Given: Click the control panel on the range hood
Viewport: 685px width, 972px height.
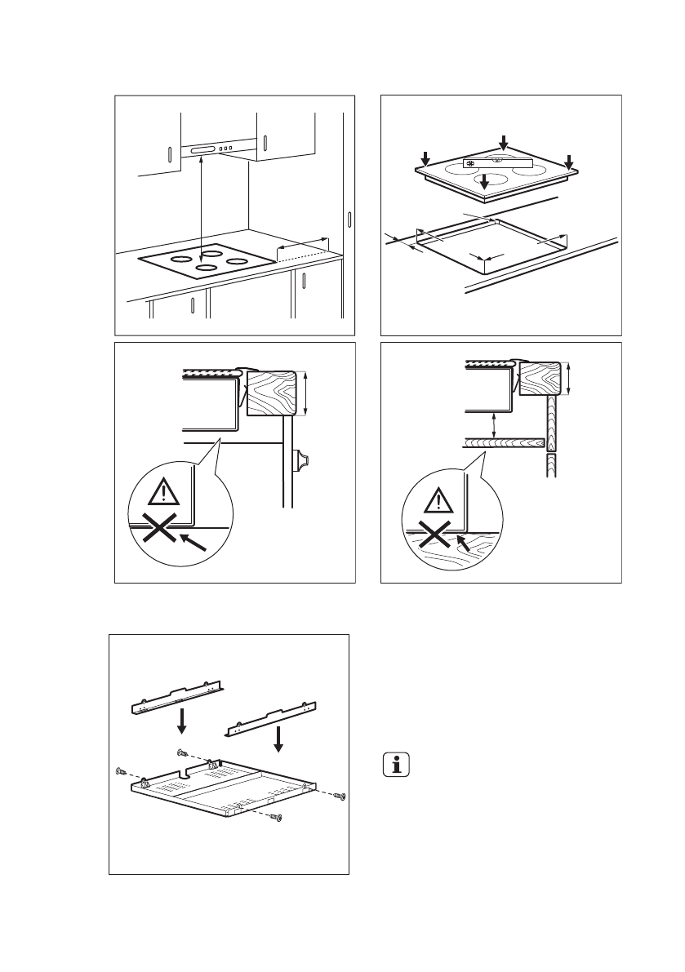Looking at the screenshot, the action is click(216, 149).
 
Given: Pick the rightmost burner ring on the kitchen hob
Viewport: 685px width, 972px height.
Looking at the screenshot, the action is click(238, 261).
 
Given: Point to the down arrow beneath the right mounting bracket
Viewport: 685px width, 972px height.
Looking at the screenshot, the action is click(279, 738).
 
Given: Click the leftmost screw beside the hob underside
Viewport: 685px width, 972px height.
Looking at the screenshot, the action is click(121, 771).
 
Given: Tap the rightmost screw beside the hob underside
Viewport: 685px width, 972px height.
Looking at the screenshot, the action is click(341, 796).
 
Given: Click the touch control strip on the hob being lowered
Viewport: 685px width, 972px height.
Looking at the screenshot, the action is click(496, 163).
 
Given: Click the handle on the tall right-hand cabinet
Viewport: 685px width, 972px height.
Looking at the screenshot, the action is click(349, 220).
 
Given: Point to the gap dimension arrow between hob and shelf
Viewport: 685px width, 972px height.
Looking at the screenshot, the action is click(492, 425).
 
